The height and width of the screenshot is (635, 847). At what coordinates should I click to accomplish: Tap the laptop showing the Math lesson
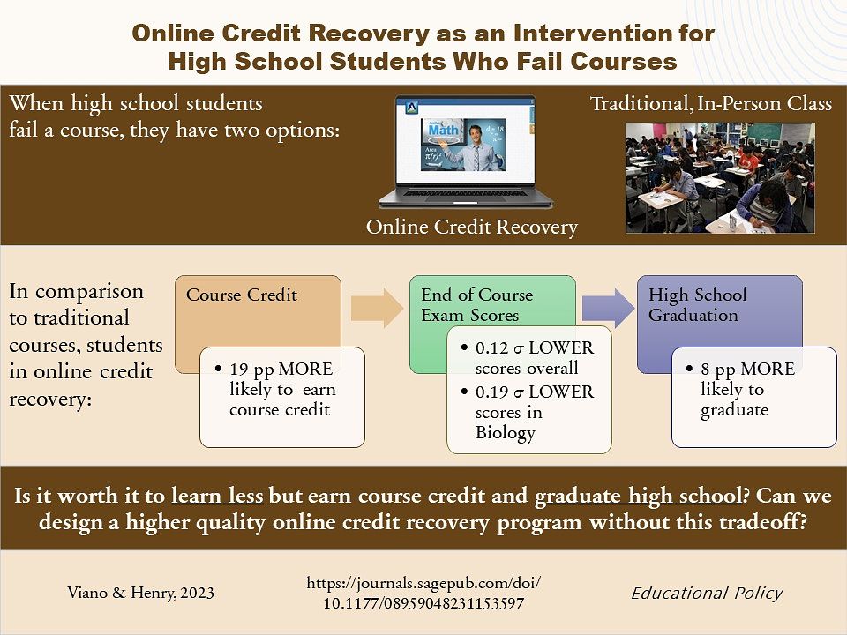(466, 153)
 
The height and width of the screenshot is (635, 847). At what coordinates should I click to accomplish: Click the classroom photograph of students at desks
(720, 177)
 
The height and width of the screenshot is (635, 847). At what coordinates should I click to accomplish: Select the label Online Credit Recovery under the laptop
(471, 227)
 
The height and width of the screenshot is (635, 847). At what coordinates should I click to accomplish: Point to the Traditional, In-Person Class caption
(711, 103)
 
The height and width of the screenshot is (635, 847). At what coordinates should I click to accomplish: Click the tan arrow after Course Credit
(377, 308)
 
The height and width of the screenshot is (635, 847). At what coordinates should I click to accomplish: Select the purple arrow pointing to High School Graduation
(608, 308)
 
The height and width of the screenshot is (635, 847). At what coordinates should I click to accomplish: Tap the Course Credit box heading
(242, 295)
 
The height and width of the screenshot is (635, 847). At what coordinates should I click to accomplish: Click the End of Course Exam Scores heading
(477, 304)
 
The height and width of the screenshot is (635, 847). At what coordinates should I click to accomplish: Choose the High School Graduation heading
(698, 304)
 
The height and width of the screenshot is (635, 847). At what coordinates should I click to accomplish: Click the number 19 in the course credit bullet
(239, 370)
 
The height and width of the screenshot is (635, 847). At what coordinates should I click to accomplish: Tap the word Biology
(505, 433)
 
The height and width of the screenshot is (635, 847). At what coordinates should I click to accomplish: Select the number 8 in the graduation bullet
(705, 370)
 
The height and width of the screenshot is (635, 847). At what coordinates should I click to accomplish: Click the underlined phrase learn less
(217, 495)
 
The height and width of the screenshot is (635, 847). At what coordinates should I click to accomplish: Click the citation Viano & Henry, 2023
(140, 593)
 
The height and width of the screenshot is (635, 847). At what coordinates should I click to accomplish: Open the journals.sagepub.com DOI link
(423, 593)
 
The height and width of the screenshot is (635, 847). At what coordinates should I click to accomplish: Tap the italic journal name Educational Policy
(707, 594)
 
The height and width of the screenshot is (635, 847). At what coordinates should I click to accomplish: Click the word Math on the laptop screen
(443, 131)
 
